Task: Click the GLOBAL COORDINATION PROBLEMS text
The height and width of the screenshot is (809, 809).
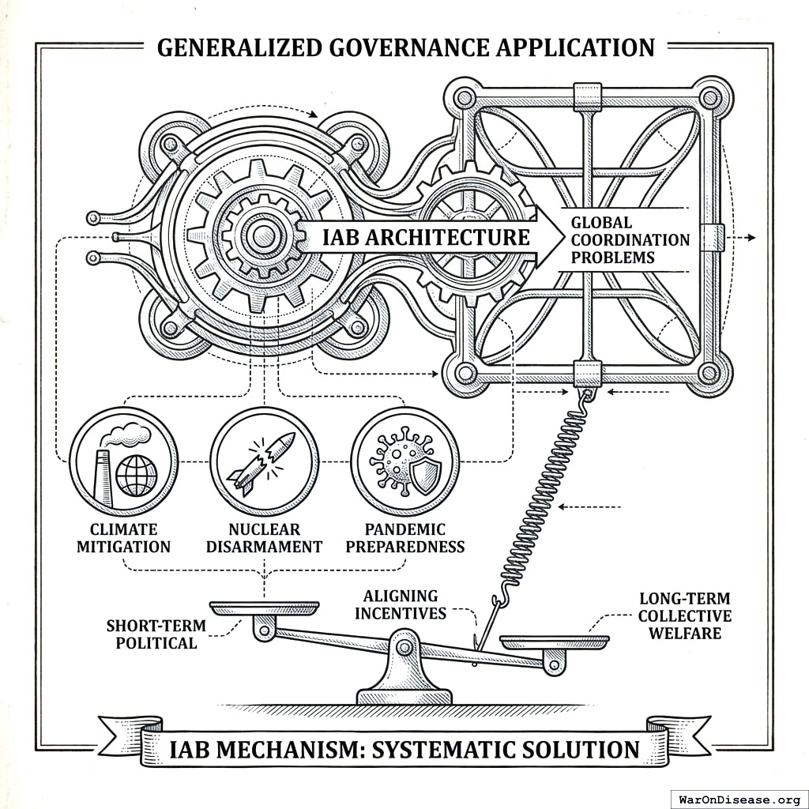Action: pos(630,240)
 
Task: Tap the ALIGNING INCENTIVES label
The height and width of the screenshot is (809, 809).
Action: pos(400,604)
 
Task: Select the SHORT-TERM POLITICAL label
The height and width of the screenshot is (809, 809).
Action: pos(156,634)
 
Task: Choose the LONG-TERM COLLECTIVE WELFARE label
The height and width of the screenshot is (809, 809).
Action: pos(685,615)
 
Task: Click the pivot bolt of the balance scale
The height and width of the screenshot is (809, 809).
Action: pos(405,648)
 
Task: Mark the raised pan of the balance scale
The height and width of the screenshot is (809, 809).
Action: pos(265,608)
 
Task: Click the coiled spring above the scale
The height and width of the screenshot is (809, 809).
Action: pos(545,498)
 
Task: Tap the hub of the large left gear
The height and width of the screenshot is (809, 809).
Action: pos(264,235)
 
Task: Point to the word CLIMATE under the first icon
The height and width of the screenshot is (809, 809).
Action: pos(123,529)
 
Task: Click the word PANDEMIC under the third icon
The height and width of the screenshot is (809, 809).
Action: pos(404,529)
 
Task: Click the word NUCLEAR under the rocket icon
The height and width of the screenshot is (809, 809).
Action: pos(264,529)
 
